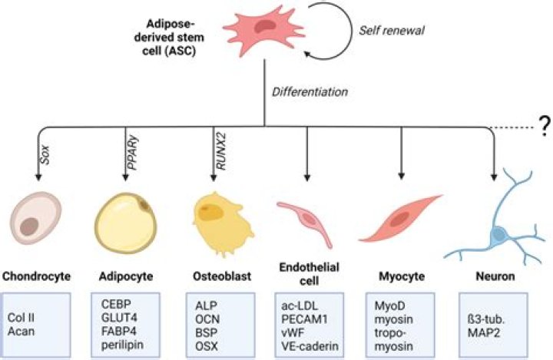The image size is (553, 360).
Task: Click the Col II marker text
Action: [22, 316]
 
